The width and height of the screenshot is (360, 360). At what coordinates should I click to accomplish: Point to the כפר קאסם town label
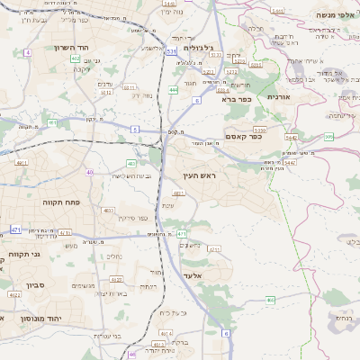[266, 137]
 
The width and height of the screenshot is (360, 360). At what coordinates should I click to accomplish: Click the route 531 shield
[171, 52]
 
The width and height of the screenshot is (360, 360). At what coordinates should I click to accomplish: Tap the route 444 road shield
[173, 90]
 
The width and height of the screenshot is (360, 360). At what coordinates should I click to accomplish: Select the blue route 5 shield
[134, 130]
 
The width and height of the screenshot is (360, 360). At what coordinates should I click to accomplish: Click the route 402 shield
[75, 58]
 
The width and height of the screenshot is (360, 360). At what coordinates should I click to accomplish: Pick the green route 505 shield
[328, 136]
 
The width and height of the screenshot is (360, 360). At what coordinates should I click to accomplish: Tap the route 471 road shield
[15, 229]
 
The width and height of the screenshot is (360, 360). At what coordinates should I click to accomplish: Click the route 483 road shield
[131, 163]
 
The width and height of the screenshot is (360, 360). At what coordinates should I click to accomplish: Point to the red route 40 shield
[89, 172]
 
